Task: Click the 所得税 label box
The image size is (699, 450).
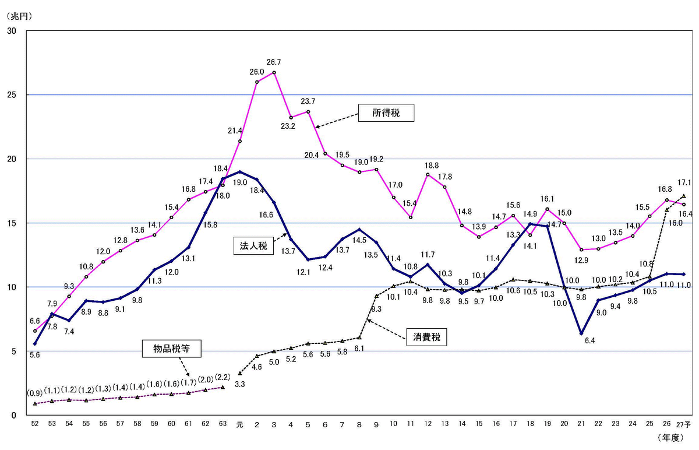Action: pos(385,112)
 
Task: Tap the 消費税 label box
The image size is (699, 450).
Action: pos(426,336)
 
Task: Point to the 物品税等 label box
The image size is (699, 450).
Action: pos(171,349)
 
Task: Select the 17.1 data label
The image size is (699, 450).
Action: pos(684,182)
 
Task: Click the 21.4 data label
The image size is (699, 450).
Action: pos(235,131)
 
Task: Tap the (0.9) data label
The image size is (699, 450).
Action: pos(35,392)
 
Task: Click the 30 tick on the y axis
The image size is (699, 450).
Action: pos(11,31)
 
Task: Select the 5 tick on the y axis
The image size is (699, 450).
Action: pos(13,351)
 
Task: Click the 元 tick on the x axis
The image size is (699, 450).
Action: pos(239,424)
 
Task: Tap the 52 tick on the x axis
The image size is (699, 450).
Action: pos(35,424)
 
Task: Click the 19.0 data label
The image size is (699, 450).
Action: pos(239,182)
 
